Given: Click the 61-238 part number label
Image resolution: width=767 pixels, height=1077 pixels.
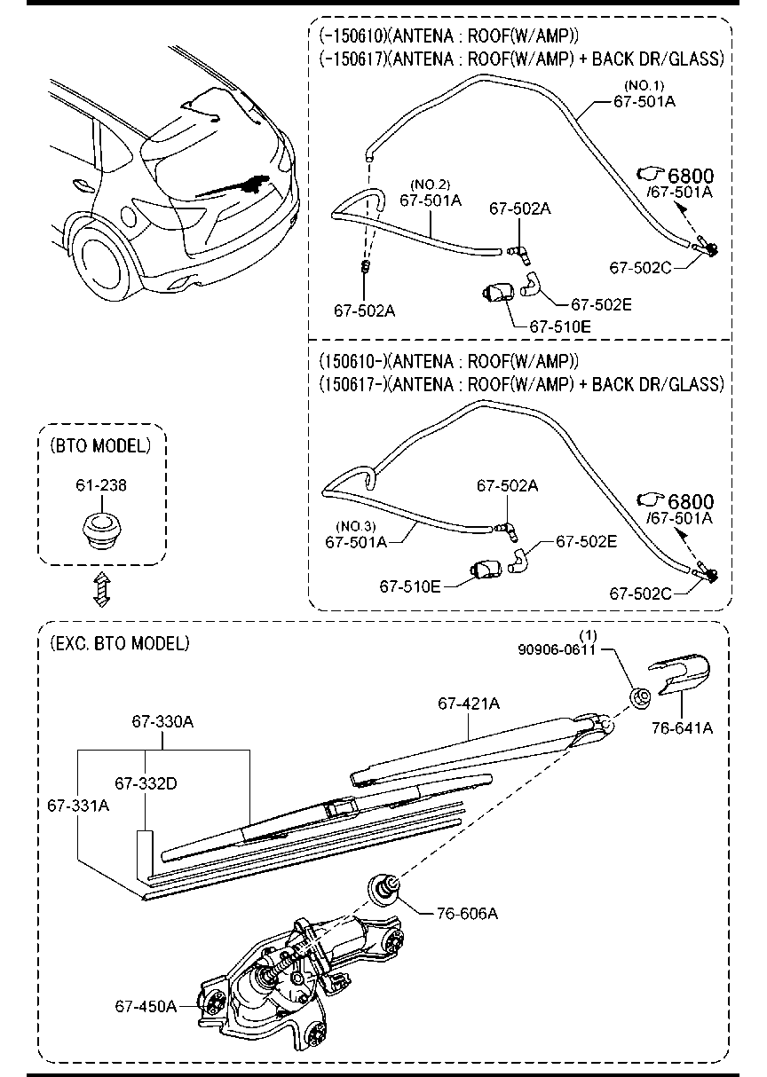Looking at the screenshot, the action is coord(101,485).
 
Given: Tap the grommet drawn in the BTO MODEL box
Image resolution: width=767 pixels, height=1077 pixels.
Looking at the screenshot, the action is coord(100,531).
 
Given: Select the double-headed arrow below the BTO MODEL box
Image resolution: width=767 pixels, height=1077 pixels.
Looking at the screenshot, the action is coord(102,589).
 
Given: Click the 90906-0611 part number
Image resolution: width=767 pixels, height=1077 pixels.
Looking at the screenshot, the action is coord(557,650).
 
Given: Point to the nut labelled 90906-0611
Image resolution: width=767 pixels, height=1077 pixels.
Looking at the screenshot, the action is coord(640,696).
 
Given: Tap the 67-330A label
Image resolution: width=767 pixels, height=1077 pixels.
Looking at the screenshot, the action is coord(162,721).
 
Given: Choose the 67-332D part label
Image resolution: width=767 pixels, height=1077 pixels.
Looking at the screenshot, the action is coord(146,783).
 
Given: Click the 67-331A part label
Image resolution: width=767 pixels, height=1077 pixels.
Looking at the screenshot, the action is coord(78,806).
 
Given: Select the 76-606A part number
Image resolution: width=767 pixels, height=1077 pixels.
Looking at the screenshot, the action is coord(467,913).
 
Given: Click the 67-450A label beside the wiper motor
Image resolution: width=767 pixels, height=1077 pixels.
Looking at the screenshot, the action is coord(146,1006).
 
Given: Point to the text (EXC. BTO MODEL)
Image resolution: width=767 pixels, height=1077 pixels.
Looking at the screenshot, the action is coord(120,643).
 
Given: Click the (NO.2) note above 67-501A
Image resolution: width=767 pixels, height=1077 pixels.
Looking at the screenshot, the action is coord(431,185).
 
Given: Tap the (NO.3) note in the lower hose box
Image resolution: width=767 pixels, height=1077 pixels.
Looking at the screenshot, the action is coord(356,526).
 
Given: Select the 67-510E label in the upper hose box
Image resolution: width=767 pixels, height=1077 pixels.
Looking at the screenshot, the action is coord(560,326).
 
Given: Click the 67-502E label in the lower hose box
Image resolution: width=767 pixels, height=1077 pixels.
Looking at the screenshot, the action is coord(587,541).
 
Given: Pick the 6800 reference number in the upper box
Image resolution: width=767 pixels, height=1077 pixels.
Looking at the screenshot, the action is coord(691,177).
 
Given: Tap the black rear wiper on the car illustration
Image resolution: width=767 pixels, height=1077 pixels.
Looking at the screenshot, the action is coord(233,186).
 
